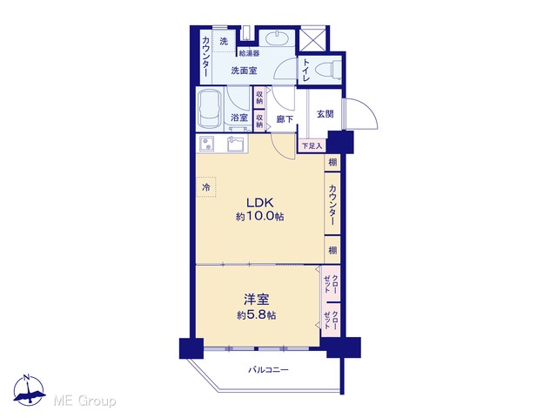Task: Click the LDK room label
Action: click(260, 203)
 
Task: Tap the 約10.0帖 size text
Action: click(259, 217)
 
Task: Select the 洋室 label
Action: click(256, 300)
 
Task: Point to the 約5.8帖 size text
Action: click(256, 315)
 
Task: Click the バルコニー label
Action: click(268, 370)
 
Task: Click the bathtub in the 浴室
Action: click(210, 109)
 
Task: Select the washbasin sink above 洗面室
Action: click(277, 37)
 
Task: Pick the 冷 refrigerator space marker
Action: click(206, 187)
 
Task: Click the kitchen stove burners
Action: click(206, 144)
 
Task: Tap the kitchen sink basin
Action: click(237, 145)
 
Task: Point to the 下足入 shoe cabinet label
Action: click(312, 145)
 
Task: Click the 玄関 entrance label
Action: click(325, 114)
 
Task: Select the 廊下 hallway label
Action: click(285, 119)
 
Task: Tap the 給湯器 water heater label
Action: click(249, 53)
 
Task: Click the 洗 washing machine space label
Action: click(224, 42)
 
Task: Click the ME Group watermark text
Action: click(84, 401)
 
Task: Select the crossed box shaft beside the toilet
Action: click(312, 39)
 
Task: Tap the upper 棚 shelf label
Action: click(332, 163)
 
